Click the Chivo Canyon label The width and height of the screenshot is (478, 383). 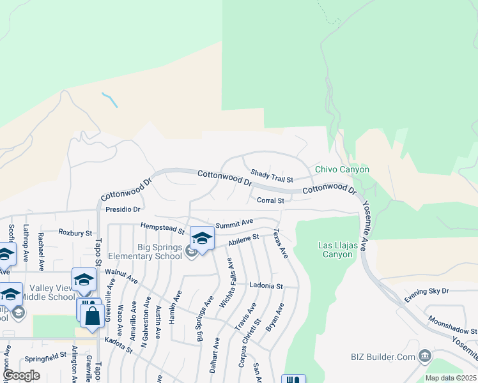[x=342, y=170]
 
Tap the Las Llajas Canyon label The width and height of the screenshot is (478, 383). [x=335, y=250]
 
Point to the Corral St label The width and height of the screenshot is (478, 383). [x=270, y=200]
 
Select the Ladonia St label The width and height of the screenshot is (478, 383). [x=266, y=286]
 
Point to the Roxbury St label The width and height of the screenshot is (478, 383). [x=75, y=233]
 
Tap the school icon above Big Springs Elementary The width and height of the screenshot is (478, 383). [x=203, y=239]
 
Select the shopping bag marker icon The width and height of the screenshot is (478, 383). [x=92, y=315]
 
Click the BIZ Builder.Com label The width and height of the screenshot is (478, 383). [x=383, y=356]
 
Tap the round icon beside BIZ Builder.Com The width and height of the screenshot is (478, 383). [x=425, y=356]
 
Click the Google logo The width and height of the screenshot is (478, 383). [x=21, y=375]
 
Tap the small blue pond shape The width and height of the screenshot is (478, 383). [x=110, y=100]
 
